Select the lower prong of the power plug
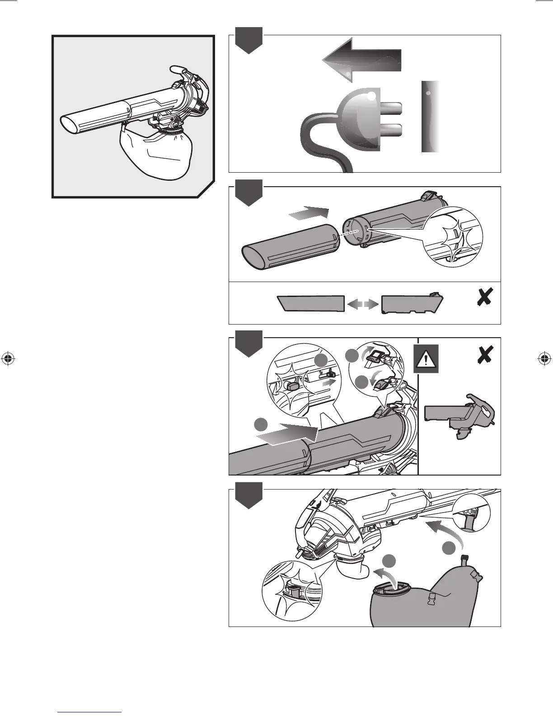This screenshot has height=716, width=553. [x=391, y=130]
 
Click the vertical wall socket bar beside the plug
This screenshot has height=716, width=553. [x=431, y=117]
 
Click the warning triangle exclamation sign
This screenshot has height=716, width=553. [x=426, y=359]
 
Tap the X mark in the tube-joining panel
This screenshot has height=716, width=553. [x=485, y=297]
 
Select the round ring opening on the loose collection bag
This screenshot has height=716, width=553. [x=389, y=589]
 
